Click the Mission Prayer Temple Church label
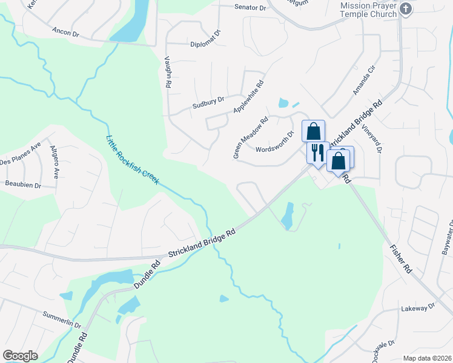pos(368,9)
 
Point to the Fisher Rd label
pos(401,257)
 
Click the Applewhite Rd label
pos(249,97)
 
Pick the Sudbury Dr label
pos(208,102)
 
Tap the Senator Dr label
pos(250,7)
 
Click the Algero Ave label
pos(55,162)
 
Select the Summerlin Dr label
pos(62,319)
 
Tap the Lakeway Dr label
pos(418,307)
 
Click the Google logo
pos(20,356)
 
